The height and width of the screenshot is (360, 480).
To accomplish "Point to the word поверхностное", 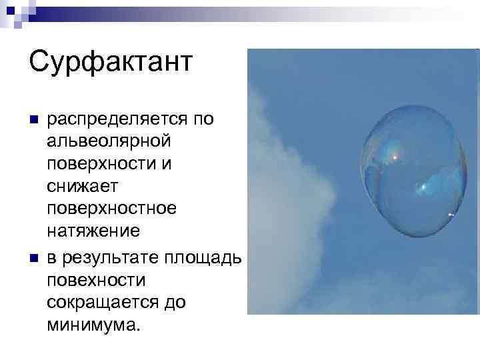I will (x=112, y=209).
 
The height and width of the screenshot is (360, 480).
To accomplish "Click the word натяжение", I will (x=93, y=231).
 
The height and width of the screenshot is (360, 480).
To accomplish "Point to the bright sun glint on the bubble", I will (x=395, y=157).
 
